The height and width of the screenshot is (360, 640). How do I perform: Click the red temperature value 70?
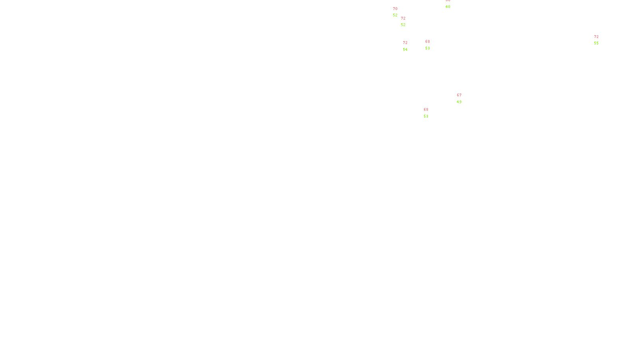point(395,9)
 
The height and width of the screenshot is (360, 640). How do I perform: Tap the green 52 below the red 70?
point(395,15)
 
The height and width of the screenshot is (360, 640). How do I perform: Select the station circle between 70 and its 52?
point(399,12)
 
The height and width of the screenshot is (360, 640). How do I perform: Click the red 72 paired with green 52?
point(403,18)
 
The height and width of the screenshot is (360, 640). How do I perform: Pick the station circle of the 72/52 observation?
point(407,22)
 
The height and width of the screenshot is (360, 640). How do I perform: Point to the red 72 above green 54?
point(405,43)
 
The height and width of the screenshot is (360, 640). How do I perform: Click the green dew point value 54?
point(405,50)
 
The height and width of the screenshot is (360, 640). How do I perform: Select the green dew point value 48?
point(448,7)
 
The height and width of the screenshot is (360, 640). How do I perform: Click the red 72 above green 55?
point(596,37)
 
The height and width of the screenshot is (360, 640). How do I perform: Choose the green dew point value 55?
point(596,43)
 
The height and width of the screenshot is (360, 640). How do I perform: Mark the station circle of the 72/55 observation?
point(600,40)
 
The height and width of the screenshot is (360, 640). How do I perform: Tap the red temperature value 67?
point(459,95)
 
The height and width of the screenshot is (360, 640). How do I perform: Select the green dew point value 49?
point(459,102)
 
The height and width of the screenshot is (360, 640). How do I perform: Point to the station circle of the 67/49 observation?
point(463,98)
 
